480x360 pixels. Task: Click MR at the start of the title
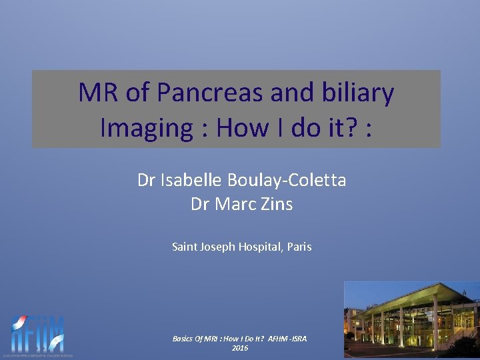98,93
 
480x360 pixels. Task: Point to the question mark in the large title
350,127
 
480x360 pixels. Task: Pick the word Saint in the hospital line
184,247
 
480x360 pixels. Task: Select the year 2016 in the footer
240,348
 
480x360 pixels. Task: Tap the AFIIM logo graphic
38,334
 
